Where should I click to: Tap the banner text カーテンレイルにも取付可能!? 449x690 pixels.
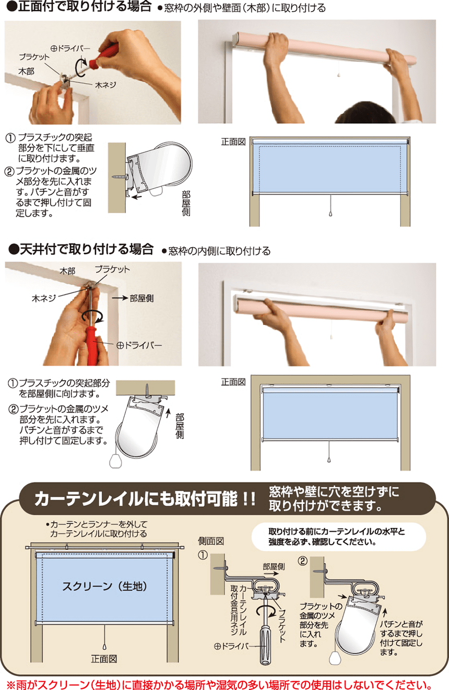tap(145, 499)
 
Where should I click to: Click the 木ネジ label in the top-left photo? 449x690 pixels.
tap(105, 85)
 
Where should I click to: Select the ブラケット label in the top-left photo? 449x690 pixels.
tap(34, 57)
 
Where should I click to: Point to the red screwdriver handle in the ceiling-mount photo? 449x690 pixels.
tap(92, 346)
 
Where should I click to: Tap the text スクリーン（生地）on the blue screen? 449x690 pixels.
tap(105, 586)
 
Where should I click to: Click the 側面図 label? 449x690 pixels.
tap(211, 541)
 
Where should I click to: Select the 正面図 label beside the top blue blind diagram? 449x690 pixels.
tap(233, 142)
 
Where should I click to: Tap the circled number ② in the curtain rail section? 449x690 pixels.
tap(302, 560)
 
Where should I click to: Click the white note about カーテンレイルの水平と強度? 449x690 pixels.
tap(339, 536)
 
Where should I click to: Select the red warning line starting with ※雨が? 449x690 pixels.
tap(219, 684)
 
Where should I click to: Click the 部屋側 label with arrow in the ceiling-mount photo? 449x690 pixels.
tap(133, 298)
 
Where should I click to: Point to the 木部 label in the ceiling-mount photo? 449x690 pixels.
tap(67, 271)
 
